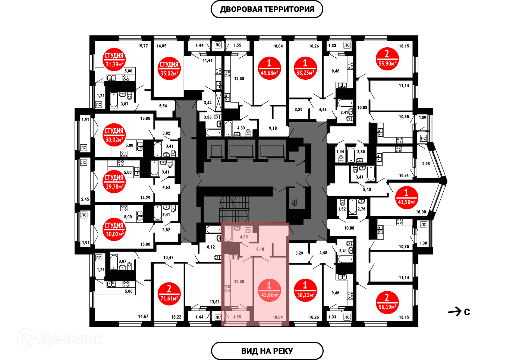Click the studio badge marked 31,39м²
pyautogui.click(x=114, y=59)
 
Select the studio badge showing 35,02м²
pyautogui.click(x=169, y=69)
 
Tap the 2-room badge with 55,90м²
pyautogui.click(x=387, y=59)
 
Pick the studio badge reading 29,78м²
pyautogui.click(x=114, y=181)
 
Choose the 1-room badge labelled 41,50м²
pyautogui.click(x=406, y=198)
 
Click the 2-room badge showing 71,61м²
pyautogui.click(x=169, y=294)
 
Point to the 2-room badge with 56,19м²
pyautogui.click(x=387, y=302)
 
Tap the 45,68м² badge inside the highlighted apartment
pyautogui.click(x=269, y=290)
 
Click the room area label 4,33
pyautogui.click(x=244, y=237)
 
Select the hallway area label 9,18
pyautogui.click(x=260, y=249)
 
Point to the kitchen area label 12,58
pyautogui.click(x=239, y=282)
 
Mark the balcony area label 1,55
pyautogui.click(x=237, y=317)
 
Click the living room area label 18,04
pyautogui.click(x=278, y=318)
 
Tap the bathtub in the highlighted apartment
pyautogui.click(x=228, y=234)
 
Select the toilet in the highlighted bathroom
pyautogui.click(x=248, y=229)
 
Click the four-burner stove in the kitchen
pyautogui.click(x=227, y=288)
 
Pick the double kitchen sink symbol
pyautogui.click(x=233, y=257)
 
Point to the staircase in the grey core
pyautogui.click(x=234, y=209)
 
